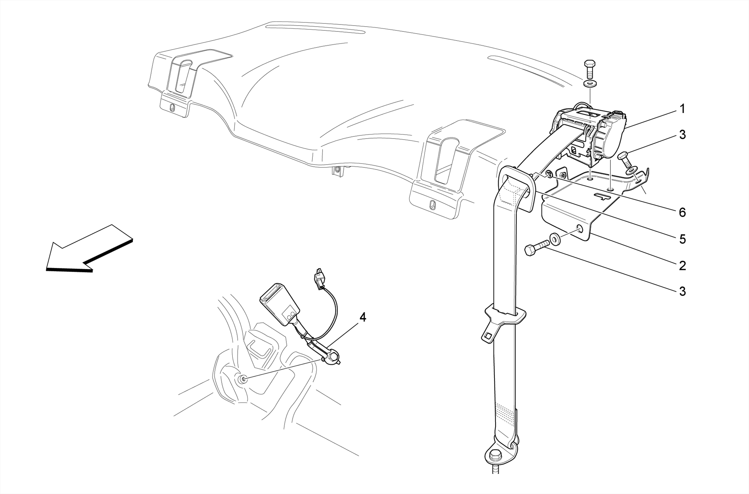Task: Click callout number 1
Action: click(x=682, y=109)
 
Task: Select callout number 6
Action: click(x=682, y=212)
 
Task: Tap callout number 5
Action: click(x=682, y=239)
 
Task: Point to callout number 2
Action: click(x=682, y=266)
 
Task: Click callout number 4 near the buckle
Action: click(x=362, y=317)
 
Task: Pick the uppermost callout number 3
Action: click(x=682, y=135)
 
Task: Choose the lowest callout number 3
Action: click(x=682, y=291)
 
